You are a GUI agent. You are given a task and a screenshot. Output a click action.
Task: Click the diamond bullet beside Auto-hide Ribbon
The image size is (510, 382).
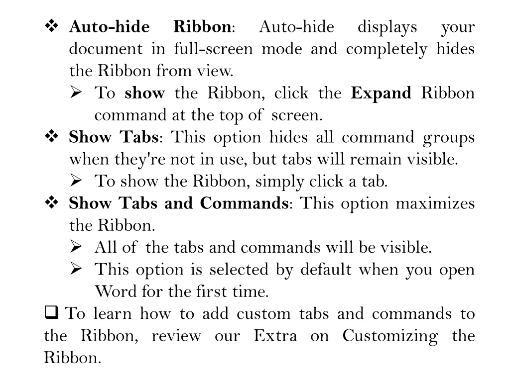click(x=51, y=26)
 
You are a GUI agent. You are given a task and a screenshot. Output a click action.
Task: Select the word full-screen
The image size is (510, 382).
click(x=213, y=49)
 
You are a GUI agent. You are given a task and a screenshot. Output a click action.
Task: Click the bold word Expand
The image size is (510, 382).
click(x=381, y=94)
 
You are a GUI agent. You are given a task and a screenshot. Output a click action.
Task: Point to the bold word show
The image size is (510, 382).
click(x=144, y=93)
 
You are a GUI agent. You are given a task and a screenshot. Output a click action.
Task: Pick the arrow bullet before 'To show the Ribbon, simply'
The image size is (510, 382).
click(x=76, y=181)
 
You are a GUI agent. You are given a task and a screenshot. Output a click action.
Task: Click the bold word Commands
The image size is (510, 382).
click(x=244, y=203)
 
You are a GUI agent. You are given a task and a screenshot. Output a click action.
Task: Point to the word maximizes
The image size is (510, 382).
click(x=435, y=203)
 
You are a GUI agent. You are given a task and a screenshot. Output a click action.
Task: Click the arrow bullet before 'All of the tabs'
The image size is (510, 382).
click(x=76, y=247)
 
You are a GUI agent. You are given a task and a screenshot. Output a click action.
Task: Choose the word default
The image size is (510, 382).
click(x=326, y=269)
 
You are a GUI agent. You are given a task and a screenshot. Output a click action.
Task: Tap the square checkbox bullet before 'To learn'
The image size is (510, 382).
click(x=51, y=312)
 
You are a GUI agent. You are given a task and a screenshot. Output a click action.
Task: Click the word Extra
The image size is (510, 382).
click(x=275, y=336)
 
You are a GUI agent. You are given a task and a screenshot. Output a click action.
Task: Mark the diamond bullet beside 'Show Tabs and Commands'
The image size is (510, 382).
click(x=51, y=202)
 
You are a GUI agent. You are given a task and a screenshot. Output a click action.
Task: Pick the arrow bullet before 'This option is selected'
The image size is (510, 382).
click(x=76, y=269)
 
